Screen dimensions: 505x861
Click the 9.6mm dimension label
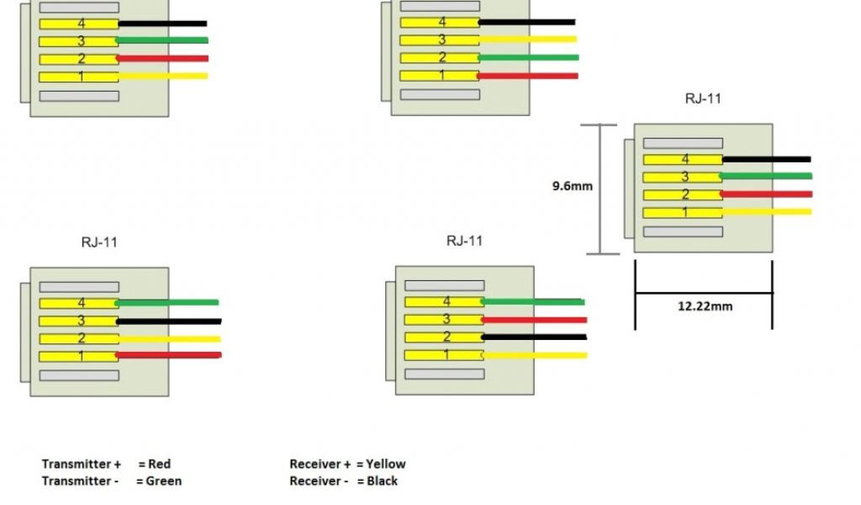(x=572, y=186)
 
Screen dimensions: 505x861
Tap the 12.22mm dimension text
(x=705, y=306)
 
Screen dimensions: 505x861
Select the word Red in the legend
(x=161, y=464)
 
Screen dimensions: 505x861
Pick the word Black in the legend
(x=382, y=481)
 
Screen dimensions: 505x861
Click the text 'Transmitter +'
(x=82, y=464)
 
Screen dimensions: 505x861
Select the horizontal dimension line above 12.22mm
(x=703, y=293)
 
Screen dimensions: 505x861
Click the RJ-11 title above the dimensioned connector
(x=703, y=98)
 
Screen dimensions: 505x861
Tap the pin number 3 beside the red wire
(x=446, y=320)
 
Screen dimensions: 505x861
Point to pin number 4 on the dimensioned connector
(x=685, y=159)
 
